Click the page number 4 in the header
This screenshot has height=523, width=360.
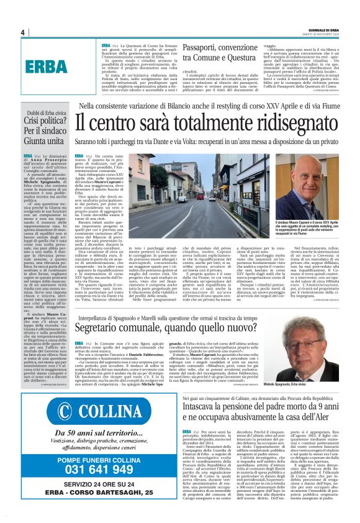pyautogui.click(x=23, y=32)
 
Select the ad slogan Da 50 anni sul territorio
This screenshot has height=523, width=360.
pyautogui.click(x=100, y=433)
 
